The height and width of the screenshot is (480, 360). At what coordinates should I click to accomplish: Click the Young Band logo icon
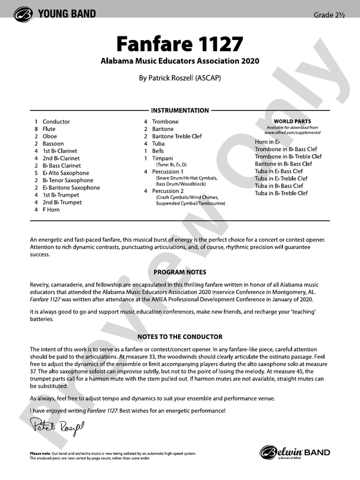pyautogui.click(x=25, y=14)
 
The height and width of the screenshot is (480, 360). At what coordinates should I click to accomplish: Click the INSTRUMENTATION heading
pyautogui.click(x=180, y=111)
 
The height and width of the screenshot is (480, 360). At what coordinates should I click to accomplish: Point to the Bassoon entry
pyautogui.click(x=54, y=144)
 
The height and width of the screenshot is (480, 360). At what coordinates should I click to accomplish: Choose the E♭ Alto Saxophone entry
pyautogui.click(x=66, y=173)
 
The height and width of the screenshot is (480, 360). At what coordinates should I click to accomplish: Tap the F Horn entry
pyautogui.click(x=51, y=209)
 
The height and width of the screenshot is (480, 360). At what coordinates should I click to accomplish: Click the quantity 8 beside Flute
pyautogui.click(x=36, y=129)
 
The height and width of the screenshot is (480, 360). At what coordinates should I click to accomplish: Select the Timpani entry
pyautogui.click(x=163, y=158)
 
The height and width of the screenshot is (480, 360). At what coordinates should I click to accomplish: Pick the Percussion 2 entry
pyautogui.click(x=168, y=191)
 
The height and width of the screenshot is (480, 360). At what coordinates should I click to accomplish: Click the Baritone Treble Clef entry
pyautogui.click(x=176, y=136)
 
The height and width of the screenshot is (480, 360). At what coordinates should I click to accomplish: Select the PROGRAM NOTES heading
pyautogui.click(x=180, y=272)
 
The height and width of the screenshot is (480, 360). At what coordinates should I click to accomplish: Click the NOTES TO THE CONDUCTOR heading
pyautogui.click(x=180, y=337)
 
